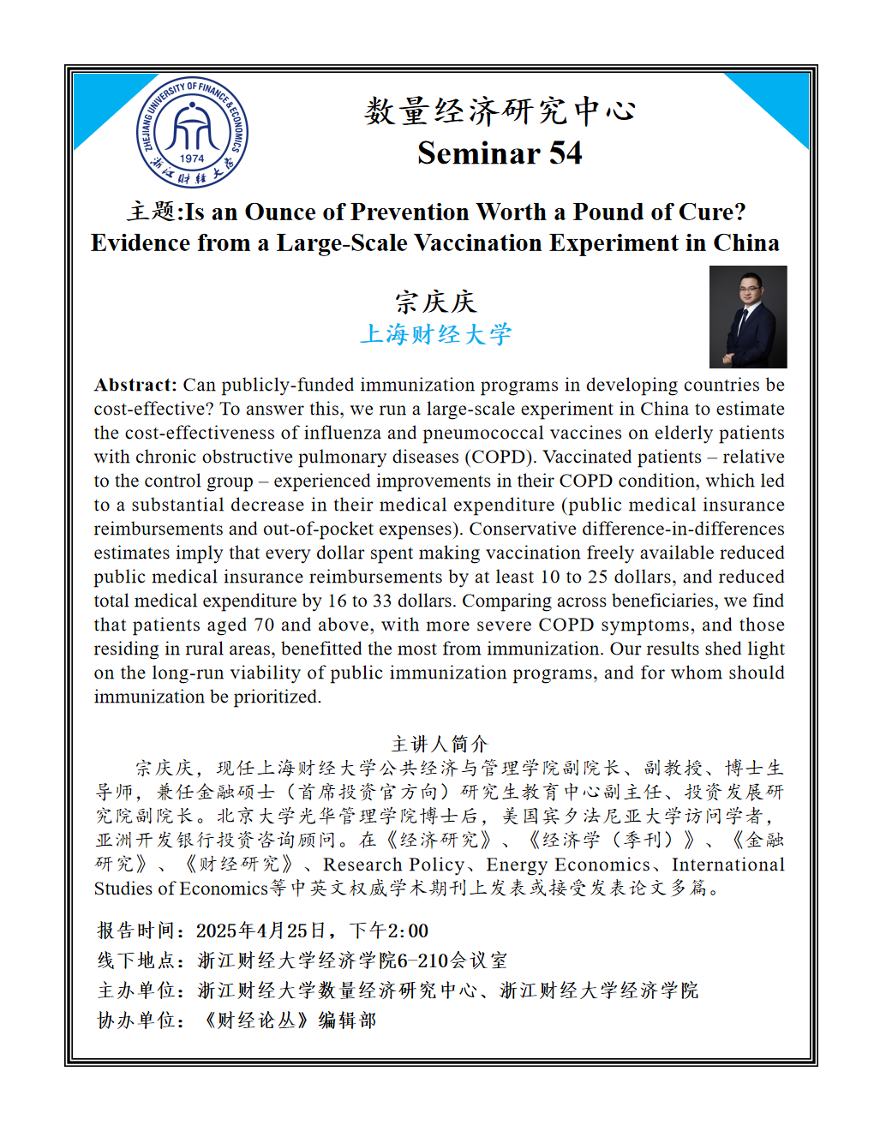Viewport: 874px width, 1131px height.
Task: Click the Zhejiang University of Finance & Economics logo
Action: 192,132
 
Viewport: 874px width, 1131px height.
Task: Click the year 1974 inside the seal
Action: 192,158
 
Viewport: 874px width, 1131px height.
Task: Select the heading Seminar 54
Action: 500,153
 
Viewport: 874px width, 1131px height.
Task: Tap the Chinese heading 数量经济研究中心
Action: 500,111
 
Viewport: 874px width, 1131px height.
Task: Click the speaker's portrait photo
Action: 747,316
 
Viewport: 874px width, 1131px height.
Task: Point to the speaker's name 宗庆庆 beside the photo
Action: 435,302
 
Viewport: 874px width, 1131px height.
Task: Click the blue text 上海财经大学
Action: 435,334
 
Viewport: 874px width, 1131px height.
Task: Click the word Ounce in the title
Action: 284,212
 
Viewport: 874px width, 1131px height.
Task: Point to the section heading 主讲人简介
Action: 439,744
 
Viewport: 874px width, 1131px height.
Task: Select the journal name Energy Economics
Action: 568,865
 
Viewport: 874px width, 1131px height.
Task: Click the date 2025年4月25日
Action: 261,931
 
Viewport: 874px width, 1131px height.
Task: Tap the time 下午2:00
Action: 389,931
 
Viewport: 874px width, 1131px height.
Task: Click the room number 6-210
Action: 424,960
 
